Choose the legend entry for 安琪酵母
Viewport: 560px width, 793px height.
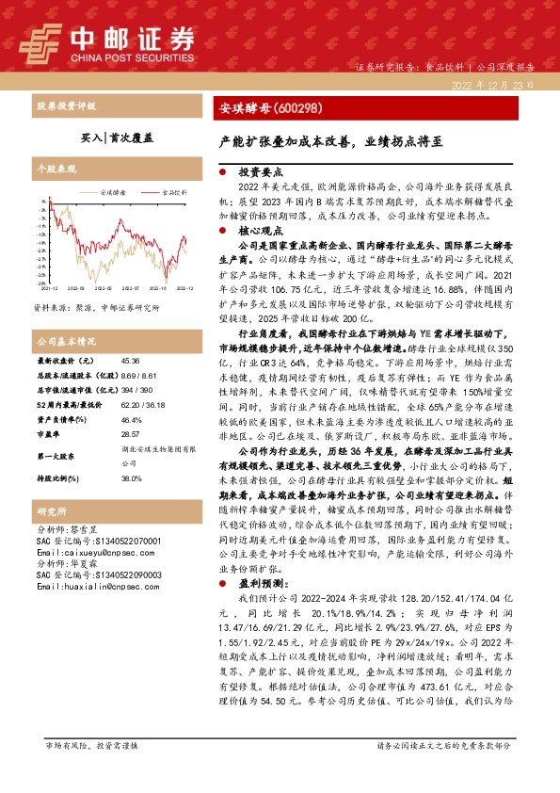pos(116,192)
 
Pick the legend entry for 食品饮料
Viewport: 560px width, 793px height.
pos(174,192)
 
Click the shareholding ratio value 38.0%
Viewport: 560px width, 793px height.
pos(131,451)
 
